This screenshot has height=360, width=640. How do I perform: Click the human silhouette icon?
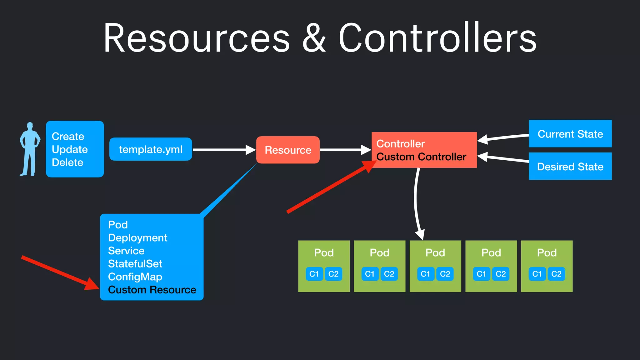(x=30, y=149)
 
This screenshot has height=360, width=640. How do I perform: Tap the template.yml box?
(x=151, y=149)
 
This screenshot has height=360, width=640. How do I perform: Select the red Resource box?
(x=288, y=150)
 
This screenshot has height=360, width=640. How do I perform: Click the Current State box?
(x=570, y=134)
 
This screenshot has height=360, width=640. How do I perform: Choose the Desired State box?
(x=570, y=166)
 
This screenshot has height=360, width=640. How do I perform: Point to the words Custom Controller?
(x=421, y=157)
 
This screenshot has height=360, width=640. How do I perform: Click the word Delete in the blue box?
(x=67, y=162)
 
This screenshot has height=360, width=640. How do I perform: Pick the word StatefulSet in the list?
(x=135, y=264)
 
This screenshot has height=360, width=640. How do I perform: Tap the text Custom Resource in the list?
(x=152, y=290)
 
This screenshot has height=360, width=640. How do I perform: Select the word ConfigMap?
(x=135, y=277)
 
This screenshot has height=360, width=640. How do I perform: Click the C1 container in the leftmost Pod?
(x=314, y=274)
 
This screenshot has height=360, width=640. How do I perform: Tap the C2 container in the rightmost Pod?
(x=556, y=274)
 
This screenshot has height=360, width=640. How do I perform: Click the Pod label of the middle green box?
(x=435, y=252)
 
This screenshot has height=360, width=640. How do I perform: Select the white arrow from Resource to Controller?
(x=344, y=150)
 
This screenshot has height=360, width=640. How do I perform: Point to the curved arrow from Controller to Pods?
(x=416, y=203)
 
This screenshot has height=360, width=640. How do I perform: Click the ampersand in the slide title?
(x=314, y=38)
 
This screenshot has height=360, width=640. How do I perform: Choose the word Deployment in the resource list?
(x=137, y=238)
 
